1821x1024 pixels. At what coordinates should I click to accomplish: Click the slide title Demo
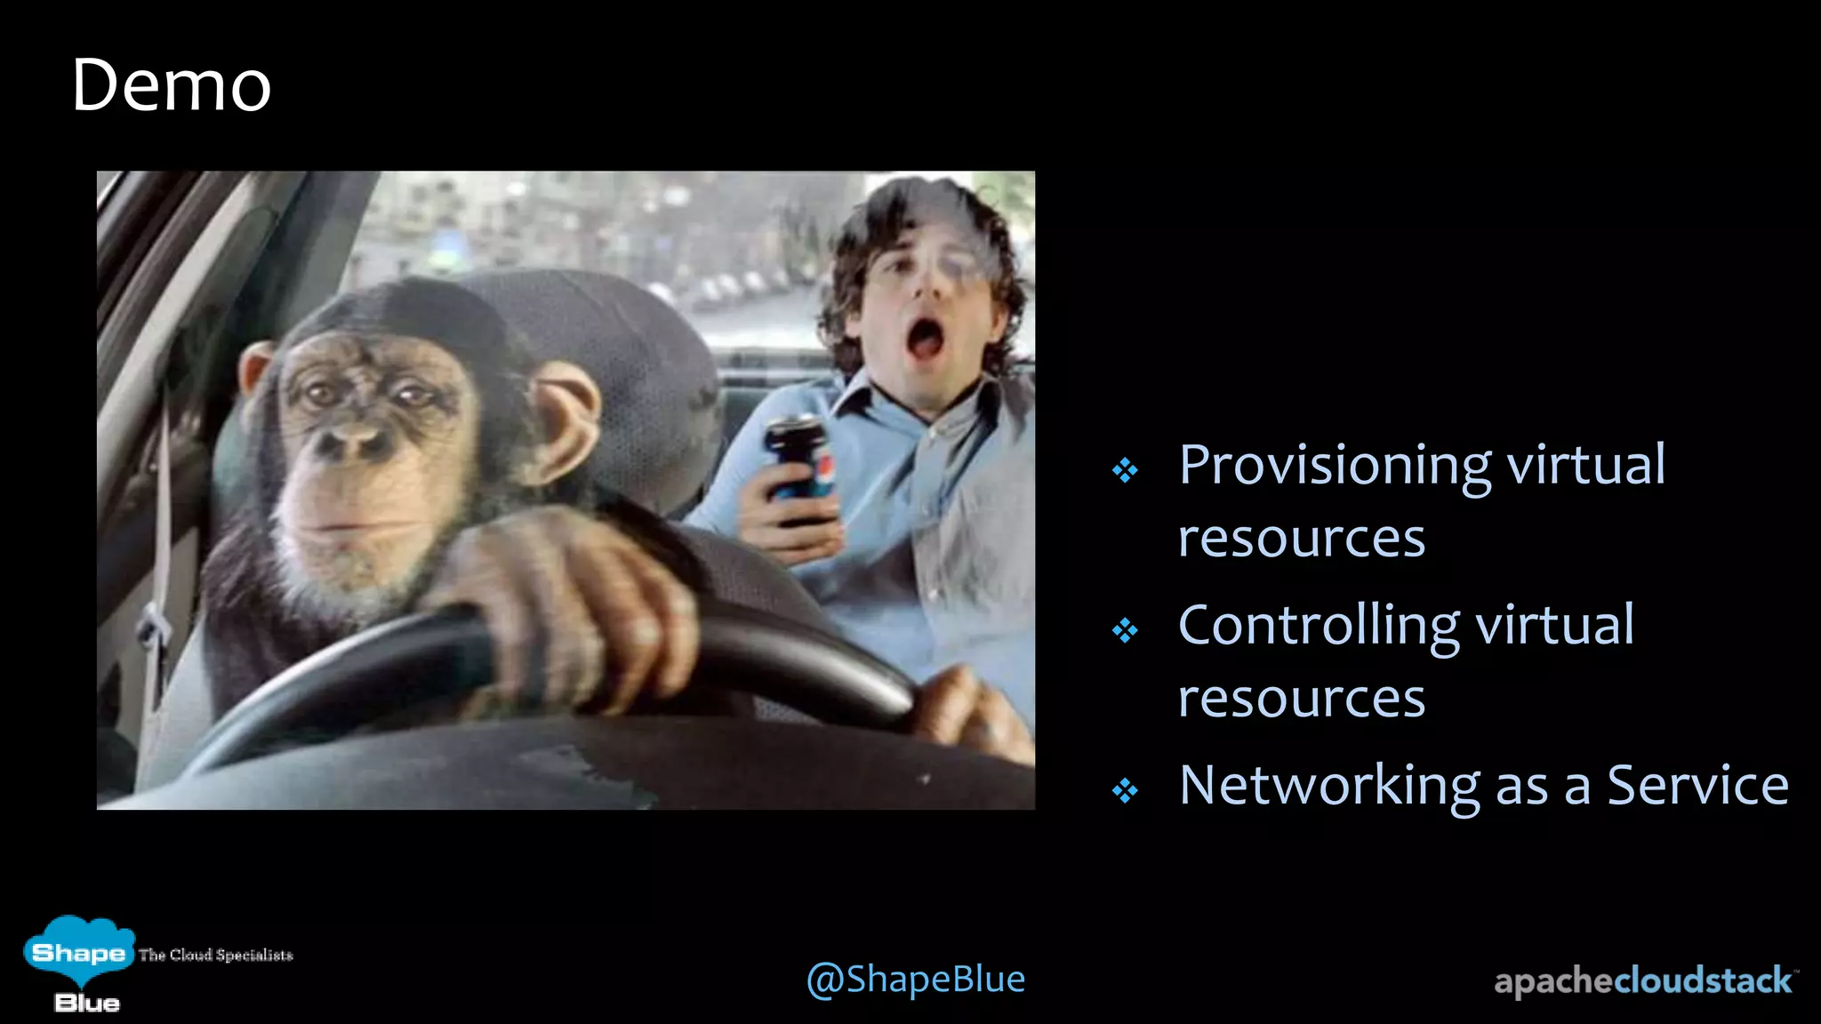[x=171, y=86]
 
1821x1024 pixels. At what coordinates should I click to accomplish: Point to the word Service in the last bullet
[x=1697, y=786]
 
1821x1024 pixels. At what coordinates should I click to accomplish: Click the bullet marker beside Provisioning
[x=1125, y=470]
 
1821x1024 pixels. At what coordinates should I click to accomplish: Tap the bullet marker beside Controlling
[x=1125, y=630]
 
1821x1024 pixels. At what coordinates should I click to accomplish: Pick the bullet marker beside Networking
[x=1125, y=790]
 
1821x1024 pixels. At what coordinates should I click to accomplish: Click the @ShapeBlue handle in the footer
[x=915, y=980]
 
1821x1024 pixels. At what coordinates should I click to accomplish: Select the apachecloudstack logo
[x=1644, y=981]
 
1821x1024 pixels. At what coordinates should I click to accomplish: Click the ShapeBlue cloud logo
[x=78, y=951]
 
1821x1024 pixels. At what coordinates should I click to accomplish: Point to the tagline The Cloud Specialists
[x=215, y=956]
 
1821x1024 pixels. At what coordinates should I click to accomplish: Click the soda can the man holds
[x=799, y=467]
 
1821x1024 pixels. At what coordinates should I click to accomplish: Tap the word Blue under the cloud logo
[x=87, y=1004]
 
